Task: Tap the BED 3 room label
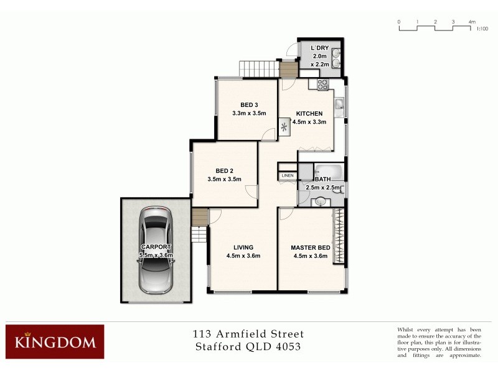click(249, 104)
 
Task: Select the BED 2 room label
click(224, 171)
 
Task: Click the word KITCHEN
click(309, 114)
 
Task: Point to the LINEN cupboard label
click(288, 176)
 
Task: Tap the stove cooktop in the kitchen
click(322, 85)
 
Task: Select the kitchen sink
click(339, 103)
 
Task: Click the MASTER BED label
click(309, 247)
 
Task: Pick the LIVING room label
click(243, 247)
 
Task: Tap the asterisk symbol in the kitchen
click(285, 128)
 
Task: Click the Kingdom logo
click(55, 341)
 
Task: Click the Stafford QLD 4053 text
click(248, 346)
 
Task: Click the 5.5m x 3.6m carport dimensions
click(155, 256)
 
